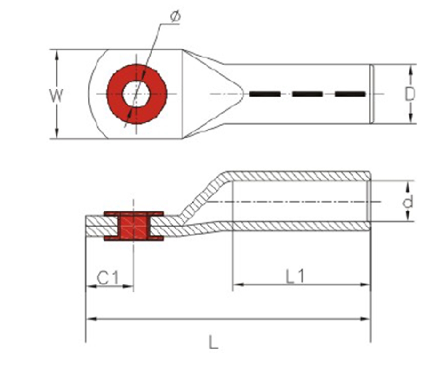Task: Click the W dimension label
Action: coord(56,95)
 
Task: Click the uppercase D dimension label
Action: coord(409,94)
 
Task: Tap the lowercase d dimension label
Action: coord(408,202)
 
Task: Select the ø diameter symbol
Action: coord(175,16)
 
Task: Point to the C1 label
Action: coord(108,277)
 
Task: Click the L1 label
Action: coord(295,276)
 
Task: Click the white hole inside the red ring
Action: coord(136,94)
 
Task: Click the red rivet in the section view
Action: coord(134,226)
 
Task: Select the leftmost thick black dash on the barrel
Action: coord(265,94)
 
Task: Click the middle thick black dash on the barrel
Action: coord(307,94)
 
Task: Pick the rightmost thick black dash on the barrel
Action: coord(350,94)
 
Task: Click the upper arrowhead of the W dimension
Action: coord(57,55)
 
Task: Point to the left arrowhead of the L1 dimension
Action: coord(238,285)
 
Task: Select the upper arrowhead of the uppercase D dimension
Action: coord(411,70)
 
